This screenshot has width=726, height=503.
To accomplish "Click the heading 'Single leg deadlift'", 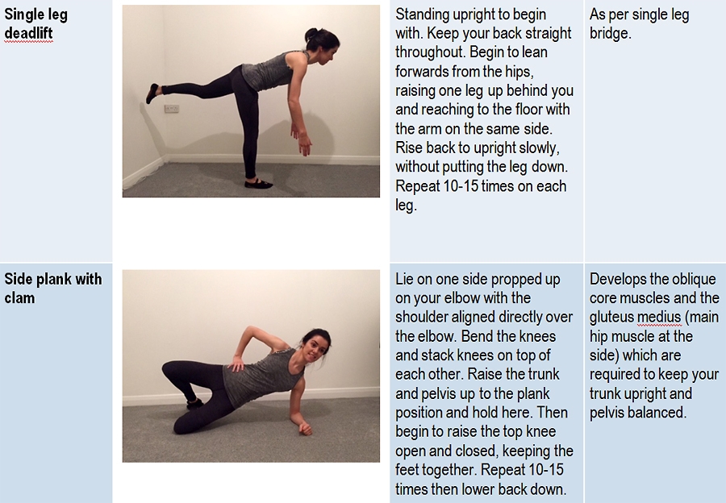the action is tap(36, 24).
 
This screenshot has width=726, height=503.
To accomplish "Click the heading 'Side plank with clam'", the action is tap(52, 289).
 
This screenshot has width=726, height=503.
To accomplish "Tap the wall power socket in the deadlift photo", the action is tap(172, 109).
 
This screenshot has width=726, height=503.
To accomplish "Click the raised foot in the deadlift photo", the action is tap(152, 93).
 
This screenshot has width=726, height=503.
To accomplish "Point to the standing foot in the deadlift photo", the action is tap(258, 183).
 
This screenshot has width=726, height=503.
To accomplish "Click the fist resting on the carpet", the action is tap(306, 428).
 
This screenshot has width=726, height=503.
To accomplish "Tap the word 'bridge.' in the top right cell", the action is tap(610, 33).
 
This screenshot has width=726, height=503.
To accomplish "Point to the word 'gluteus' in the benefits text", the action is tap(611, 318).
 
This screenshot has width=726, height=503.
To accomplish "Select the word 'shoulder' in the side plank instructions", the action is tap(420, 317).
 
